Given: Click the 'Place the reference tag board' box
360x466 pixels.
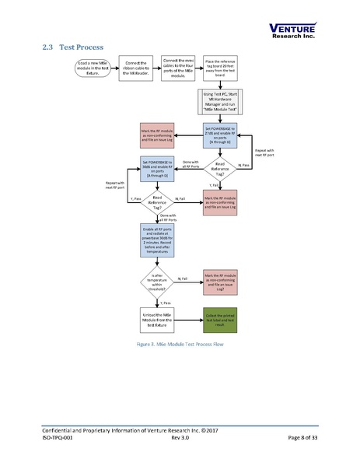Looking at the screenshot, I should (220, 67).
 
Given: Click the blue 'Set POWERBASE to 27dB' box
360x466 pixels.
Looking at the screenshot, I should (220, 135).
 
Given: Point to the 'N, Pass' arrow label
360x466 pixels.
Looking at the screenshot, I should (244, 166).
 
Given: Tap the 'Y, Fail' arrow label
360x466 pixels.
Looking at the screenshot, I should (213, 185).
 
